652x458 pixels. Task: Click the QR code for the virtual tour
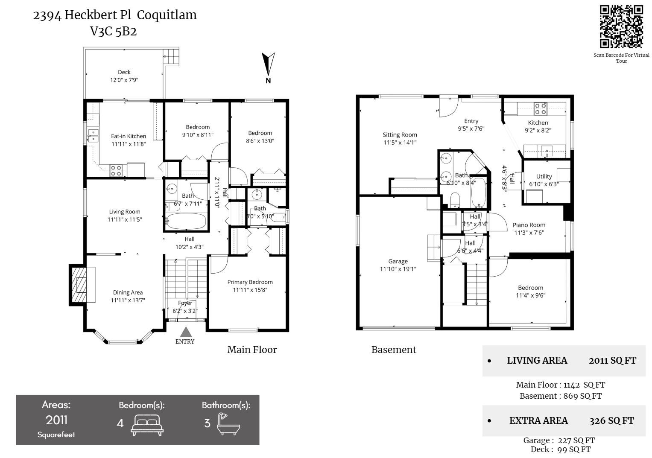click(621, 26)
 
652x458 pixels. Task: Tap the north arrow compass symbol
click(268, 64)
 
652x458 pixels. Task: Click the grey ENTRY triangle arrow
click(185, 332)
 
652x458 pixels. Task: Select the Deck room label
click(124, 76)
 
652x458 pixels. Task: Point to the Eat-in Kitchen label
click(129, 140)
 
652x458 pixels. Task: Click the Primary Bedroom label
click(250, 286)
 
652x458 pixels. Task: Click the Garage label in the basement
click(398, 265)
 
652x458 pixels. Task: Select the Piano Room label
click(529, 229)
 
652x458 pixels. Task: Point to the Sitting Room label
click(400, 139)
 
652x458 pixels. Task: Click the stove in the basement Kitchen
click(541, 109)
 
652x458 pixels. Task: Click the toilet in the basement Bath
click(456, 200)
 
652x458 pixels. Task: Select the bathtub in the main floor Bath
click(186, 222)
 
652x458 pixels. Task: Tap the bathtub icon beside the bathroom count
click(228, 424)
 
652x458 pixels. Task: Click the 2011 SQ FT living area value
click(612, 361)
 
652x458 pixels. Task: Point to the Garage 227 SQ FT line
click(559, 440)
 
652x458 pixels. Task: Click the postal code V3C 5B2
click(114, 32)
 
